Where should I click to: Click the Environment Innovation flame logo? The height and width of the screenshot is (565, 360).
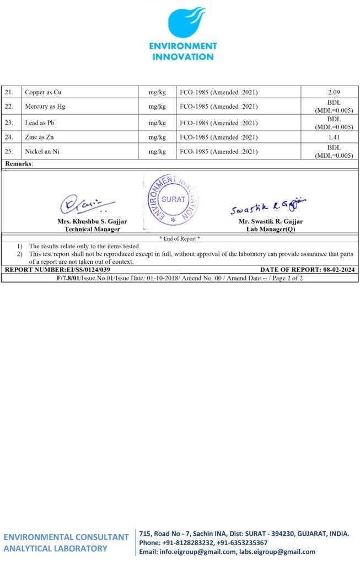[186, 22]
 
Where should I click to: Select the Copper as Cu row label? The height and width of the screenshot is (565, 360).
[47, 92]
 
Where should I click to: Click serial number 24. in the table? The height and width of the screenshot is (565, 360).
[10, 137]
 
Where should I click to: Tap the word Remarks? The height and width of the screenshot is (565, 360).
[18, 164]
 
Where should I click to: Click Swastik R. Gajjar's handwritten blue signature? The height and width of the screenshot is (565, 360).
[268, 206]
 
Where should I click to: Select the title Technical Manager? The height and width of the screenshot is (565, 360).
[92, 229]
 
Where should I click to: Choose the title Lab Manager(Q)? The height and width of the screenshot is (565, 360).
[270, 229]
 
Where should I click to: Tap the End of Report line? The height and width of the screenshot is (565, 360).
[180, 238]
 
